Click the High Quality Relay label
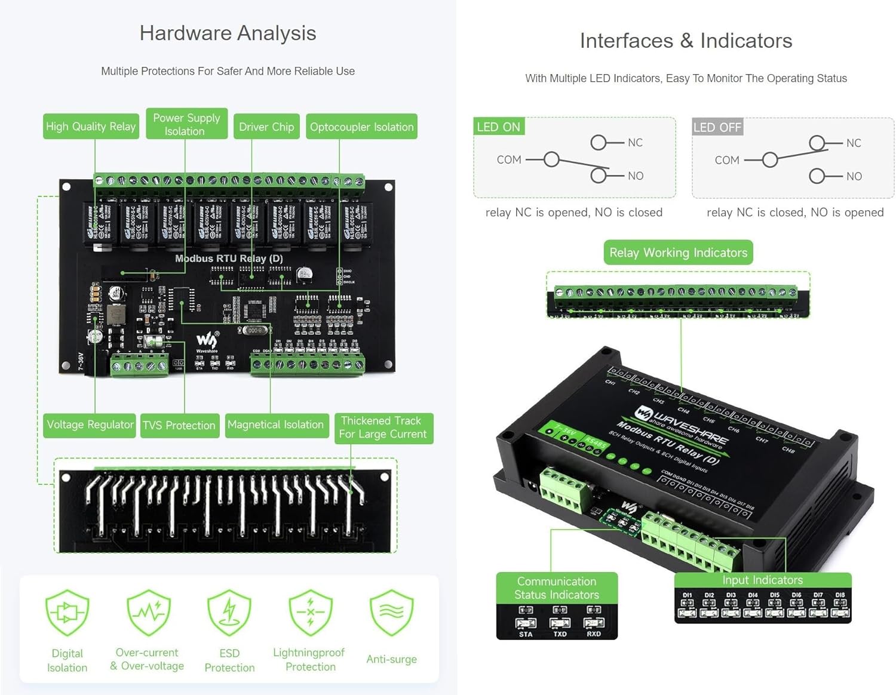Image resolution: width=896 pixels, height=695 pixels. (91, 127)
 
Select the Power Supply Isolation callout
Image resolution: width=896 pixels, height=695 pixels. (186, 124)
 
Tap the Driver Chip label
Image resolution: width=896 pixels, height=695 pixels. (266, 127)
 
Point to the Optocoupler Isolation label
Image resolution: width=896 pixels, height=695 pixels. (361, 127)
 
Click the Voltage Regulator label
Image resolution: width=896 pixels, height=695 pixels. (90, 425)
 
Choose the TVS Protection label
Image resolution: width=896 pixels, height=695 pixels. (179, 425)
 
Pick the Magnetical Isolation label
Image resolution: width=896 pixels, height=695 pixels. (276, 425)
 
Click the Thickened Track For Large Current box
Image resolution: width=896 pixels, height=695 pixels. (383, 428)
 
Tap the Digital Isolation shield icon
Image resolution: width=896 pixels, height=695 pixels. (67, 613)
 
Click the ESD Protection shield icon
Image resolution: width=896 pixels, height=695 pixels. (229, 613)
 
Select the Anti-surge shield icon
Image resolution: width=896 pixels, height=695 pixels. (391, 613)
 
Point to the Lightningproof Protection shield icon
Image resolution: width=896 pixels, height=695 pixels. (310, 613)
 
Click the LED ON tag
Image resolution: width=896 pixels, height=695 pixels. (498, 127)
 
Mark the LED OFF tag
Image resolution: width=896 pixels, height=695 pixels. (717, 127)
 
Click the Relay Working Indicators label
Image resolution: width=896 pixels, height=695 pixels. (678, 253)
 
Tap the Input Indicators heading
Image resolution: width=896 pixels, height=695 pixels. (762, 580)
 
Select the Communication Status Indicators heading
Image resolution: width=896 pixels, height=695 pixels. (556, 588)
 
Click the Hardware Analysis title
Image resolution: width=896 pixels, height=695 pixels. (228, 33)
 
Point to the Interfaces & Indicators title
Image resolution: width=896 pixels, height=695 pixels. (686, 41)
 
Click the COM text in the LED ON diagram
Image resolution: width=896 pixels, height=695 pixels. (509, 159)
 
